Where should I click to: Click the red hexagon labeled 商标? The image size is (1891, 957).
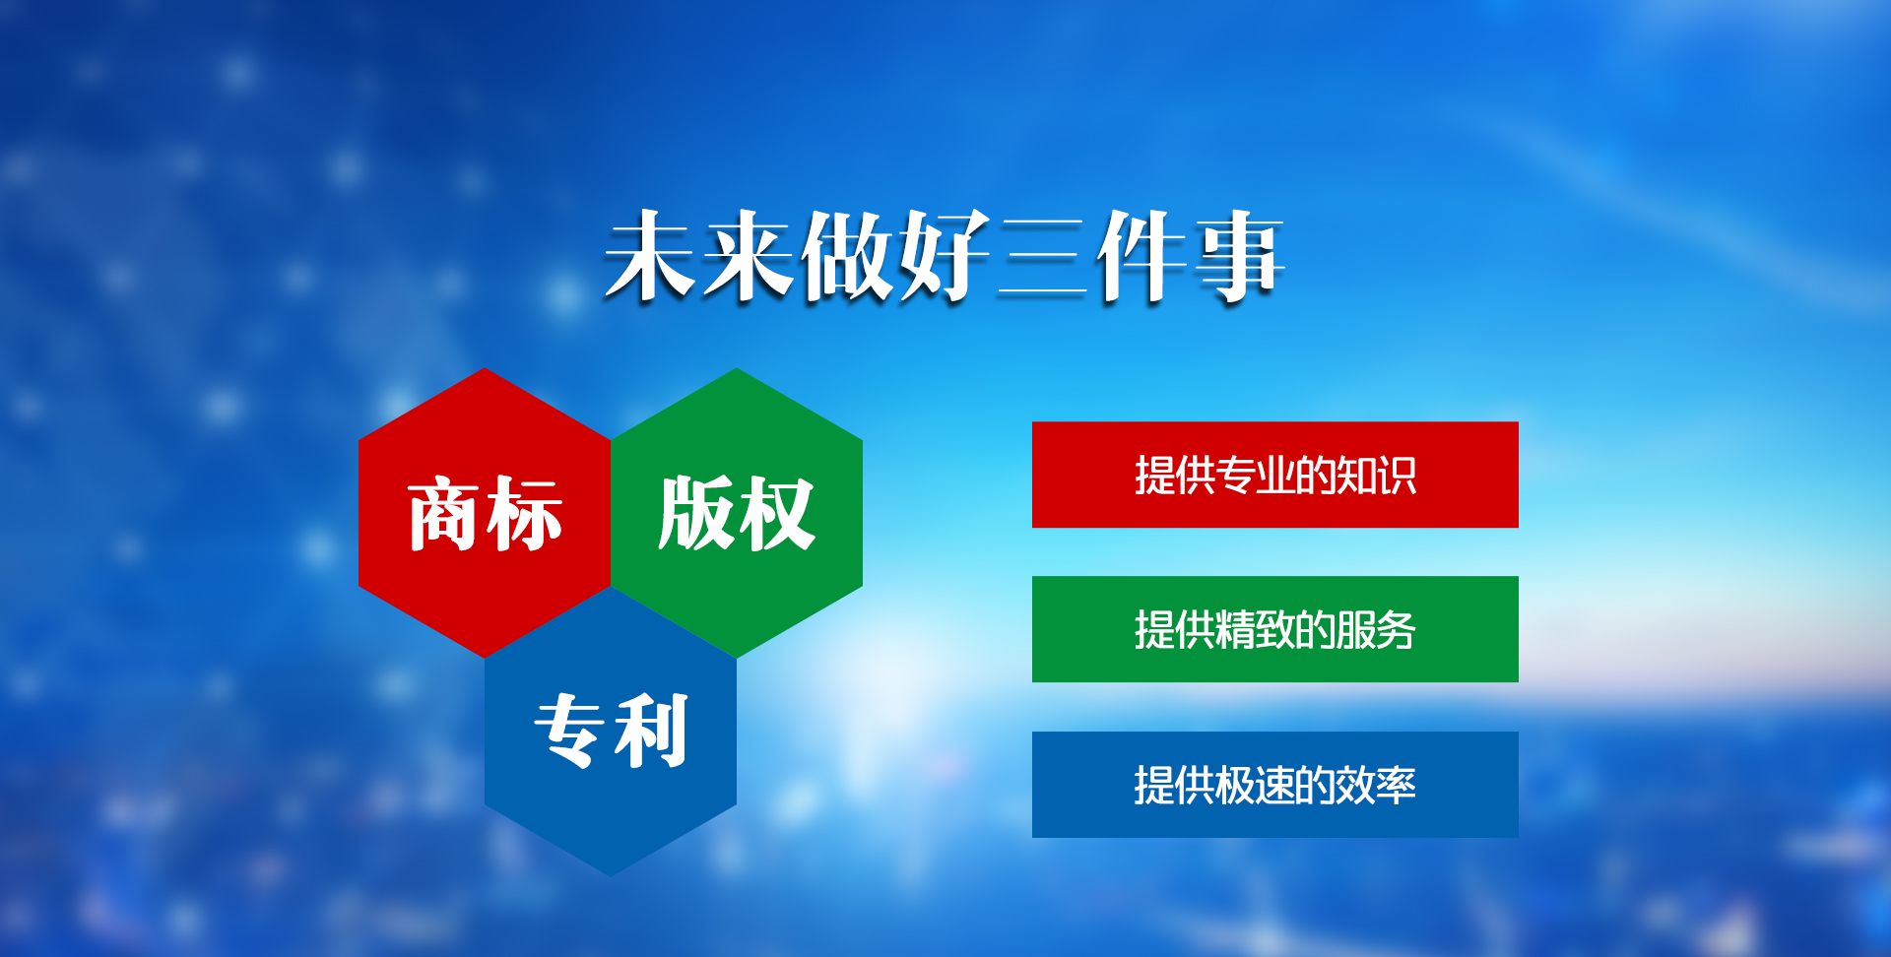(x=485, y=513)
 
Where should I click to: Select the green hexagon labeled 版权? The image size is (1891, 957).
(x=737, y=513)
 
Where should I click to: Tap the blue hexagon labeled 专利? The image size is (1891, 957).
(x=611, y=732)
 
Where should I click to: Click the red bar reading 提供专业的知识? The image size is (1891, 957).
(x=1274, y=475)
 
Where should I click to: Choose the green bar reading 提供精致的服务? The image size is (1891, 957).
(x=1274, y=629)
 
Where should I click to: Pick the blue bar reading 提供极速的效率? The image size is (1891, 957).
(x=1274, y=785)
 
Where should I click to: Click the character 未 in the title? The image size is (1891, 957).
(x=650, y=255)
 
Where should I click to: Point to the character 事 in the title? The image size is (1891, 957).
(x=1239, y=255)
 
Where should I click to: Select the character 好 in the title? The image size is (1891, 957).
(x=944, y=255)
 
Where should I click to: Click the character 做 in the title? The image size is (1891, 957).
(x=847, y=255)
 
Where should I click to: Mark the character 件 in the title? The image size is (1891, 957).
(x=1141, y=255)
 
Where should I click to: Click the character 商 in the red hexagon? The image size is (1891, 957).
(x=444, y=513)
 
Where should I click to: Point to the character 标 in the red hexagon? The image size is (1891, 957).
(x=524, y=513)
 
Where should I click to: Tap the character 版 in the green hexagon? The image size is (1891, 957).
(x=696, y=513)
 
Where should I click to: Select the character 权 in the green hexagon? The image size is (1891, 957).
(x=776, y=513)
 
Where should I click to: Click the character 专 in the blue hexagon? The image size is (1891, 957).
(x=570, y=731)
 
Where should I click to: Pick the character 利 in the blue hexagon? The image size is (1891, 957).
(x=651, y=731)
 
